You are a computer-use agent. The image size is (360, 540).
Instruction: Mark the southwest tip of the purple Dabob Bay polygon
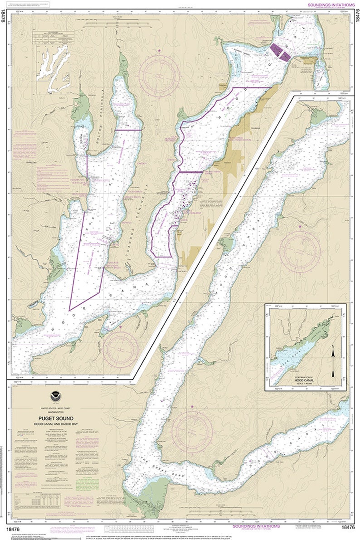(69, 310)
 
